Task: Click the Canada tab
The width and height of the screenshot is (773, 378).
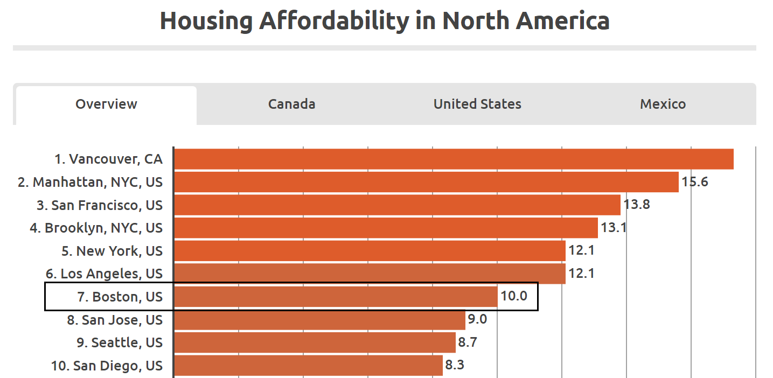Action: tap(291, 104)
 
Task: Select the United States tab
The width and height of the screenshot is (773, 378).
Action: tap(477, 104)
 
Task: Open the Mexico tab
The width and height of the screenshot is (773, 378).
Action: tap(663, 104)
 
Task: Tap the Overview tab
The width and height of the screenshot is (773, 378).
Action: tap(106, 104)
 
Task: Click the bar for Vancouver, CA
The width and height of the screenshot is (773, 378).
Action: tap(454, 159)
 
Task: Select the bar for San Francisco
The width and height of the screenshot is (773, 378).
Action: tap(397, 205)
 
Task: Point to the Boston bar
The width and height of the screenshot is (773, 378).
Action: tap(336, 297)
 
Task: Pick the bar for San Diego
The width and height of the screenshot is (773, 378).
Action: tap(308, 366)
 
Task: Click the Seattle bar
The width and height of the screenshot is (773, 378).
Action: tap(315, 342)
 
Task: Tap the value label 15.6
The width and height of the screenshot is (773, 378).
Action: tap(695, 182)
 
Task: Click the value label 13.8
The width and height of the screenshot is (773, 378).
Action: tap(637, 205)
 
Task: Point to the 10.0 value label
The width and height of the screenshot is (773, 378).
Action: tap(514, 297)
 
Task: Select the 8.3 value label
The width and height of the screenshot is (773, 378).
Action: tap(455, 366)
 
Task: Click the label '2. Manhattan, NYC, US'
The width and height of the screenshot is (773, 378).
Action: tap(90, 182)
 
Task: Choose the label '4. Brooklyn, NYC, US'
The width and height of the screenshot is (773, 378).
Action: tap(96, 228)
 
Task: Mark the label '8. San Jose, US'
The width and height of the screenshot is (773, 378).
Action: tap(115, 320)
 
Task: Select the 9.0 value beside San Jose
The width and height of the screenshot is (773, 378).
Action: tap(477, 320)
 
